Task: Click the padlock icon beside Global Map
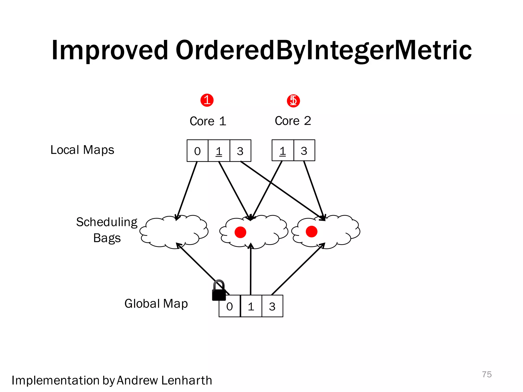[x=219, y=291]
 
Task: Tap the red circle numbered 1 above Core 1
[x=207, y=100]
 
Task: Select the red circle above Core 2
[x=293, y=101]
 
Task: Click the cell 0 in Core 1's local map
[x=197, y=151]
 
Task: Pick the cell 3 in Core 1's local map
[x=240, y=151]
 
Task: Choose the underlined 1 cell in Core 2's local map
[x=282, y=151]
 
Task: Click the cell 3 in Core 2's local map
[x=304, y=151]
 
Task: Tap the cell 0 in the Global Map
[x=229, y=306]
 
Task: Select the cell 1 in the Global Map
[x=251, y=306]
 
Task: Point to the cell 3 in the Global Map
[x=272, y=306]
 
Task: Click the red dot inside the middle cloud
[x=240, y=232]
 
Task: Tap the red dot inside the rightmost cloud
[x=312, y=231]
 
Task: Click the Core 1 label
[x=208, y=121]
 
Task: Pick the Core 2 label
[x=293, y=121]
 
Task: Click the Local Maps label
[x=82, y=150]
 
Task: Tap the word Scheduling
[x=107, y=222]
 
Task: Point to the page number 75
[x=487, y=374]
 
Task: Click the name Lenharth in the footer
[x=187, y=380]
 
